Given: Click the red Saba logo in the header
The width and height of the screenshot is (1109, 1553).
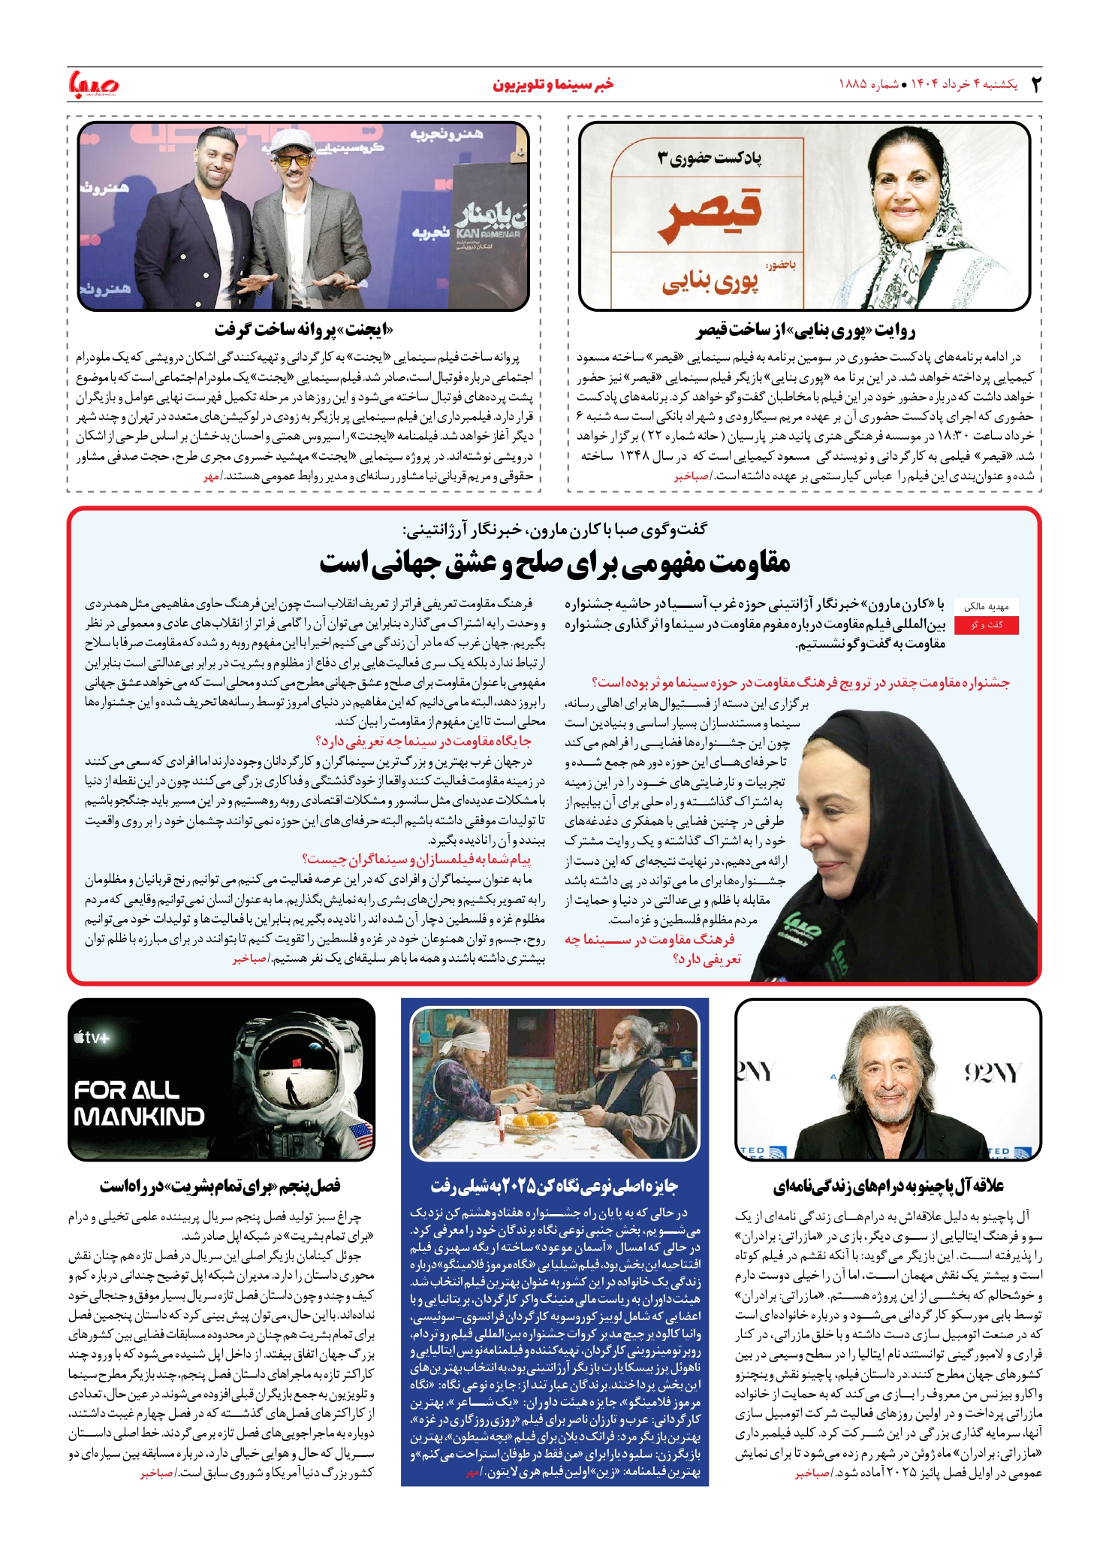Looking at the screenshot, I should coord(94,84).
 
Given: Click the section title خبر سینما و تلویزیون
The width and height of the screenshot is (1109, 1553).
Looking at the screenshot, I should coord(553,84).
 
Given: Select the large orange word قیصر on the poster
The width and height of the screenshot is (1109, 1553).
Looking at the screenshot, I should coord(710,215).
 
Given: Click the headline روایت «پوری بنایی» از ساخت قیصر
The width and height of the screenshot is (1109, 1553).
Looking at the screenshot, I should coord(805,331).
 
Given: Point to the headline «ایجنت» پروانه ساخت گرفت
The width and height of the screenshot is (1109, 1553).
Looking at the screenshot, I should coord(303,331).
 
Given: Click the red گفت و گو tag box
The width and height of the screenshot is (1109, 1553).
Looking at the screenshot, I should coord(987,625).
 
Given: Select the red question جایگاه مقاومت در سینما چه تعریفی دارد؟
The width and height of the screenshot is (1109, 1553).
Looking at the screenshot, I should coord(423,742).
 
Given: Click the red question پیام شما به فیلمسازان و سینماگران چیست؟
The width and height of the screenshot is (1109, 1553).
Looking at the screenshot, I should coord(416,859).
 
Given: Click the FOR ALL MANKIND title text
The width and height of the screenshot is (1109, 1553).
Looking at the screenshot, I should coord(139,1103).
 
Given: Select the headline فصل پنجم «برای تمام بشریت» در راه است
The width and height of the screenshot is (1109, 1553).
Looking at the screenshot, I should coord(220,1186).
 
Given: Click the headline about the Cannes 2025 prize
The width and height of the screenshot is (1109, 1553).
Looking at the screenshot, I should coord(554,1186).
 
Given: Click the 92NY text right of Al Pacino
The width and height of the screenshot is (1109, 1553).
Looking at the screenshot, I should coord(991,1072).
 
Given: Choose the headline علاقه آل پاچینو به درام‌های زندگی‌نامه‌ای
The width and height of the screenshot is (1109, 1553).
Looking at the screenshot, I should coord(888,1186).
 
